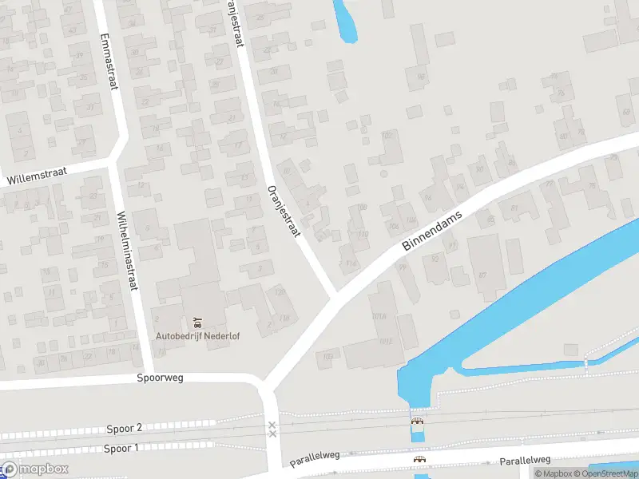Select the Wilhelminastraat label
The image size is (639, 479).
pyautogui.click(x=126, y=247)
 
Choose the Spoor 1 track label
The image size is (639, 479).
pyautogui.click(x=121, y=448)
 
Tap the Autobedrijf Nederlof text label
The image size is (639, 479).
pyautogui.click(x=197, y=335)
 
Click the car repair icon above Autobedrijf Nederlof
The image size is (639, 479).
pyautogui.click(x=197, y=323)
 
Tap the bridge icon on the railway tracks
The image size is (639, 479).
pyautogui.click(x=417, y=421)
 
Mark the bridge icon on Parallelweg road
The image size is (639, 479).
pyautogui.click(x=419, y=459)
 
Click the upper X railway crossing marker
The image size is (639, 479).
pyautogui.click(x=272, y=425)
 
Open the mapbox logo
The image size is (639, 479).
pyautogui.click(x=35, y=469)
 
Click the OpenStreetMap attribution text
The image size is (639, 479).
pyautogui.click(x=606, y=473)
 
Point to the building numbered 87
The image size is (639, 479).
pyautogui.click(x=482, y=275)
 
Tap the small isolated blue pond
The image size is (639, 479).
pyautogui.click(x=346, y=20)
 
